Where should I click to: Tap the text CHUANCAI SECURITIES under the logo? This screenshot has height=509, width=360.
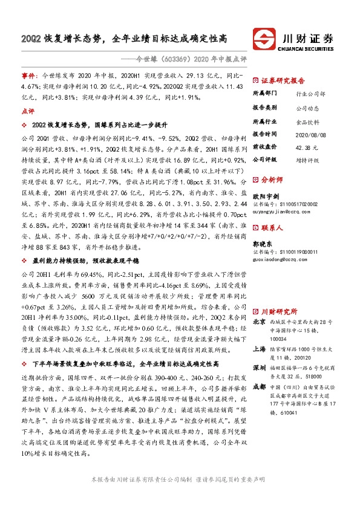pos(309,51)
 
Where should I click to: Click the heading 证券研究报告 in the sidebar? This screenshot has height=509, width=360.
pos(283,80)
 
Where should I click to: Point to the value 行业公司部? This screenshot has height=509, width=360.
pos(310,94)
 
